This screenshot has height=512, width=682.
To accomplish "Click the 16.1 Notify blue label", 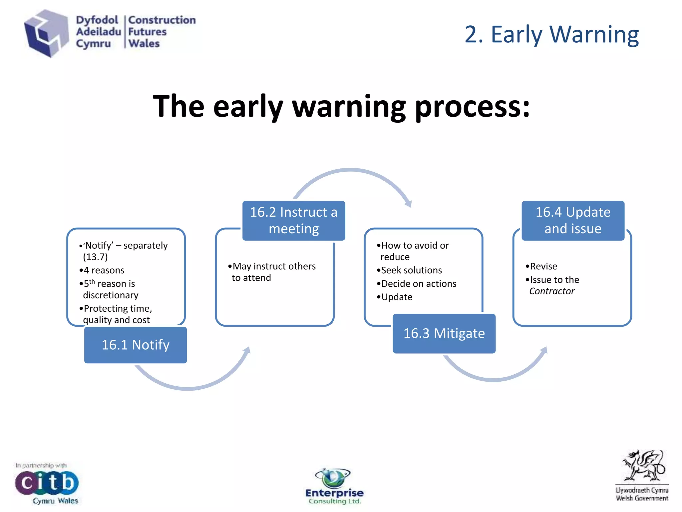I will [136, 345].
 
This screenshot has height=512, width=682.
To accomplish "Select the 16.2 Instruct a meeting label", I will [294, 220].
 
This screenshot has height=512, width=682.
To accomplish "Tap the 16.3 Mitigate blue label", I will [444, 333].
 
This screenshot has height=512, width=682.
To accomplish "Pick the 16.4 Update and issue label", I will [573, 220].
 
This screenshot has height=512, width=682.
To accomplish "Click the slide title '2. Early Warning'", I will [551, 34].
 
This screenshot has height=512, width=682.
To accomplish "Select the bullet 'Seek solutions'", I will [411, 270].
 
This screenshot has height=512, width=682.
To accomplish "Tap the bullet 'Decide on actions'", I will [419, 283].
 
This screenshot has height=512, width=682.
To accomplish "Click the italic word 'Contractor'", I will [552, 291].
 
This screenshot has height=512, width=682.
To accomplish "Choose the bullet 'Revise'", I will [543, 266].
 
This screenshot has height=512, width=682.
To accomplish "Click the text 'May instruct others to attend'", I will [273, 272].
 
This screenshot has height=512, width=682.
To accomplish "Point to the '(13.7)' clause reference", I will [95, 257].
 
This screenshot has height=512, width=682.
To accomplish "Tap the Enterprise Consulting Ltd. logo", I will [334, 487].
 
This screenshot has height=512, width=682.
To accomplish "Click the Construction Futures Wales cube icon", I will [46, 33].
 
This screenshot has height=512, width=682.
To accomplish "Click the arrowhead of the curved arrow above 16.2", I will [408, 203].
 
